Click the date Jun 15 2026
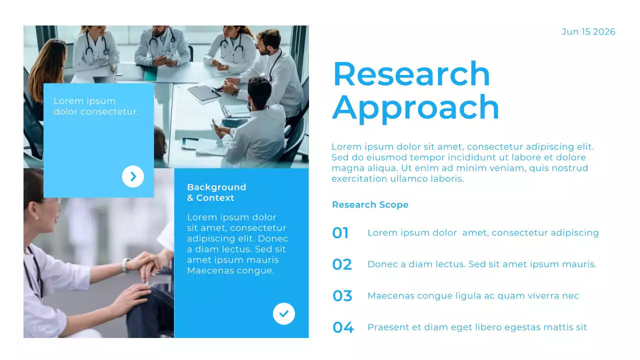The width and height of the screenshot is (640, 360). [588, 32]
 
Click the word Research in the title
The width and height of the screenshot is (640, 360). [411, 74]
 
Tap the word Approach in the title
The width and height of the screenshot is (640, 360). [415, 107]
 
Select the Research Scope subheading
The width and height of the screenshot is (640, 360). [370, 204]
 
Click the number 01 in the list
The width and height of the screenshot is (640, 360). [340, 233]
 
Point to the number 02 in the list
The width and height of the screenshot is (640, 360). [342, 264]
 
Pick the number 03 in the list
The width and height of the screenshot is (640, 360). [342, 296]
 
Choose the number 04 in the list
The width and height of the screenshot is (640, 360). [343, 327]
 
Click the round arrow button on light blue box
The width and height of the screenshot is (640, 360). [133, 176]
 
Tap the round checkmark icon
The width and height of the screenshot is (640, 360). [284, 314]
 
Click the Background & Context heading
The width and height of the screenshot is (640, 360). [216, 192]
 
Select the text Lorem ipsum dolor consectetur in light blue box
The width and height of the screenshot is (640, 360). [96, 106]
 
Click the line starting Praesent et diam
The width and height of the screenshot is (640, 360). [477, 327]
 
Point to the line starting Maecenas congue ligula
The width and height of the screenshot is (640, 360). [473, 296]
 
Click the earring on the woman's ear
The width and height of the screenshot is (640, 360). [35, 217]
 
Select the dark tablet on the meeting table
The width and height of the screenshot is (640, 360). [203, 92]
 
